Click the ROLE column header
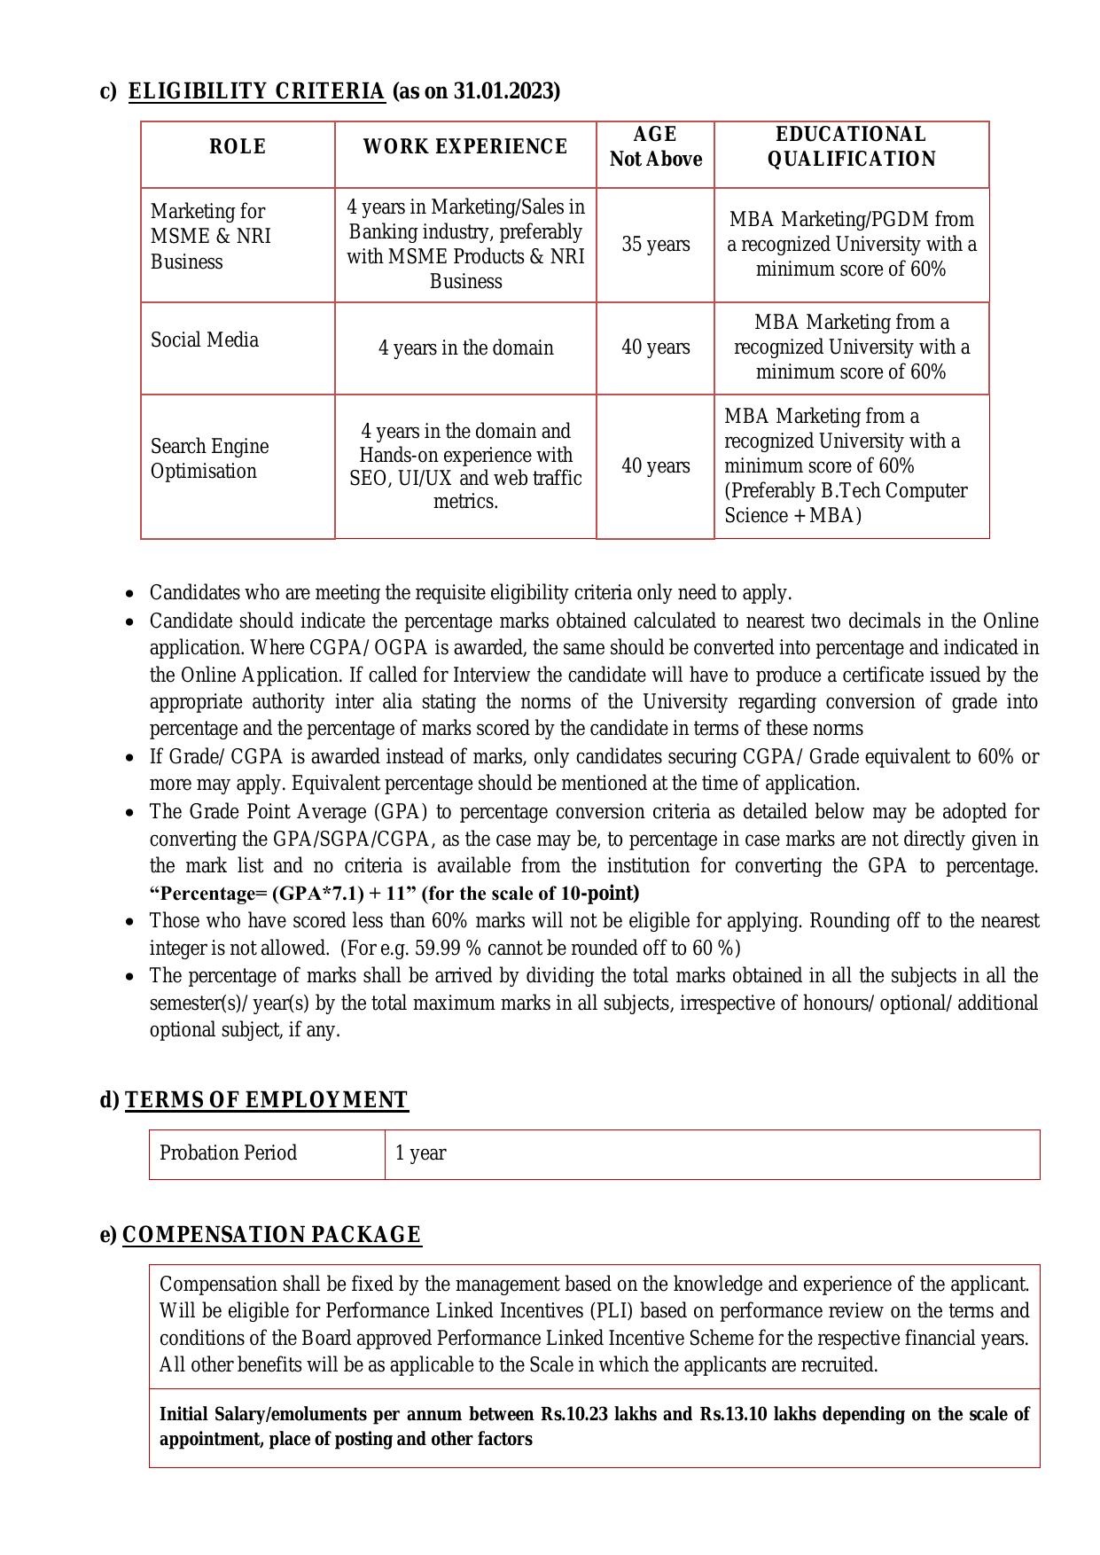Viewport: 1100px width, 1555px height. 238,147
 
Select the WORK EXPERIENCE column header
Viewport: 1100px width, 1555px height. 465,147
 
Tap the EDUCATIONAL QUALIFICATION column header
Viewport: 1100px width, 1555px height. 851,147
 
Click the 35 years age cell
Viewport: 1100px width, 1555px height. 655,245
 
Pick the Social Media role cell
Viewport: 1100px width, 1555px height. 205,340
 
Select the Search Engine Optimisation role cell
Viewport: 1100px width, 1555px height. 210,459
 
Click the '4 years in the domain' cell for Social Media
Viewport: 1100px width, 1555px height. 465,348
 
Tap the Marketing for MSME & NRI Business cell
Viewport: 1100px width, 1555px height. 211,237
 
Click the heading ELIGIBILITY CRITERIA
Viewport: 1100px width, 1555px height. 257,91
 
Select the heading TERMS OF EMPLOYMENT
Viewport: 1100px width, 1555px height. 266,1100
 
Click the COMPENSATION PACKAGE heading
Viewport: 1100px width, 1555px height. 271,1235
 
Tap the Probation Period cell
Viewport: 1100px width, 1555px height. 228,1153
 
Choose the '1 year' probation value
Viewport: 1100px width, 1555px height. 421,1153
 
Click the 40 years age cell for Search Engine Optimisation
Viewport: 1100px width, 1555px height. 655,466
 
